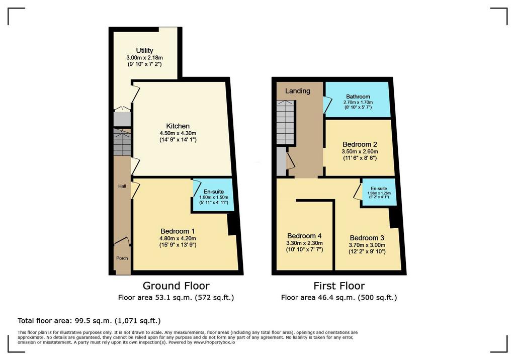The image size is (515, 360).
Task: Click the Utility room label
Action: coord(144,50)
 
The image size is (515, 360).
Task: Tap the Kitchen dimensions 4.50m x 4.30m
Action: coord(178,133)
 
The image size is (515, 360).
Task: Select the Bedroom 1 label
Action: coord(178,231)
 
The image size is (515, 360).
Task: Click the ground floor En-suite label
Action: coord(213,192)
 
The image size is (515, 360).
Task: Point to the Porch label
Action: coord(122,258)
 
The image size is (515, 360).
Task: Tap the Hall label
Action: coord(122,186)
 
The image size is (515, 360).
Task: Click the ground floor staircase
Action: coord(122,142)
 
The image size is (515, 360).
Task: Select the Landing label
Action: coord(298,91)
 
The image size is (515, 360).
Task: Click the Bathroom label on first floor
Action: coord(358,97)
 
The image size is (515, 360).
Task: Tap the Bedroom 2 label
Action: coord(360,144)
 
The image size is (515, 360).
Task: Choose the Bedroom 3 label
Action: coord(367,238)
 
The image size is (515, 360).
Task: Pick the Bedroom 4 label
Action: coord(304,236)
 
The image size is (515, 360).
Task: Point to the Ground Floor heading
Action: coord(176,286)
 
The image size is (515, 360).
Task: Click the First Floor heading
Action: coord(339,286)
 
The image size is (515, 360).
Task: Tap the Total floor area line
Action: coord(89,321)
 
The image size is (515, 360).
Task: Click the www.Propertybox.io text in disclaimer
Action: coord(214,342)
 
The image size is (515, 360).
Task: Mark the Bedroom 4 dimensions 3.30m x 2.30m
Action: coord(304,243)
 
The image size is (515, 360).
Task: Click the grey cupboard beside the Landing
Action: coord(281,161)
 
